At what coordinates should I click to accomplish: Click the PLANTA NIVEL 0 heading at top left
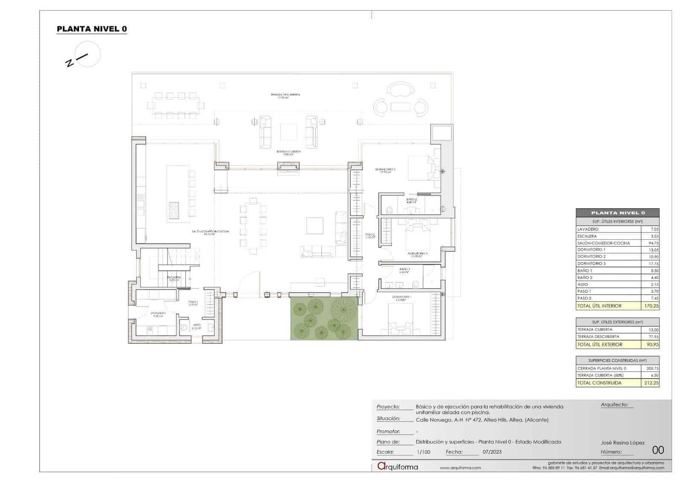[x=92, y=29]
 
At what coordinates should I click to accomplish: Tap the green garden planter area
[x=324, y=318]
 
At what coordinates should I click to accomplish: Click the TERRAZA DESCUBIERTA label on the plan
[x=285, y=96]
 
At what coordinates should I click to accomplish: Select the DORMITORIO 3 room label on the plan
[x=385, y=170]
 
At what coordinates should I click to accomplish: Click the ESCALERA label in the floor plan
[x=174, y=278]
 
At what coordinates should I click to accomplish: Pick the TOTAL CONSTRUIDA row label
[x=599, y=383]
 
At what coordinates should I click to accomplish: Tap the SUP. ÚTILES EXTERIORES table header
[x=617, y=322]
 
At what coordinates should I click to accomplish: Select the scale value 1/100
[x=423, y=452]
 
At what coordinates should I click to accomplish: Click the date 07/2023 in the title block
[x=492, y=452]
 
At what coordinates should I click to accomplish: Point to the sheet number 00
[x=658, y=450]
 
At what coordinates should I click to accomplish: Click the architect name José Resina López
[x=622, y=442]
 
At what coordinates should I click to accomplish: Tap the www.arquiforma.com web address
[x=460, y=467]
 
